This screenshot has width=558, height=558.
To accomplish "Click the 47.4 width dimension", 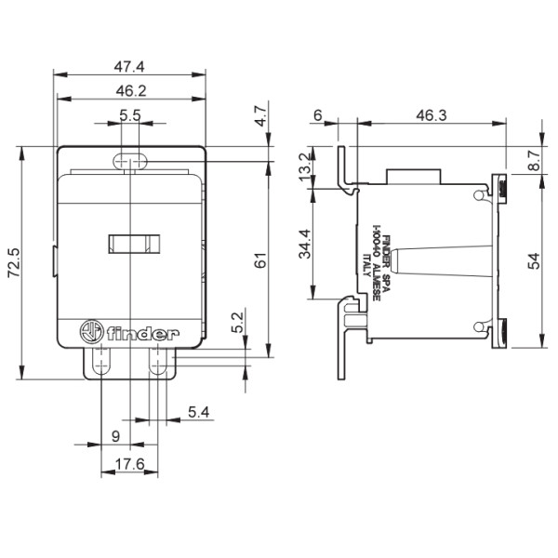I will (130, 66).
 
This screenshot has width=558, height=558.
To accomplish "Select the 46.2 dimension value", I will (130, 91).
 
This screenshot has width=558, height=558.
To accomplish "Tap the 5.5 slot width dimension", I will (130, 116).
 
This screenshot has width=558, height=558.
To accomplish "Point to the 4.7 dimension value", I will (261, 117).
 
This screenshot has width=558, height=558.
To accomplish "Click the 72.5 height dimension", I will (10, 263).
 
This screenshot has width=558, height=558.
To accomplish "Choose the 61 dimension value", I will (261, 263).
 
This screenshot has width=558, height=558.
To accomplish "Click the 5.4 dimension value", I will (197, 411).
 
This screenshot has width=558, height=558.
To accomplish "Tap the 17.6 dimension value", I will (130, 463).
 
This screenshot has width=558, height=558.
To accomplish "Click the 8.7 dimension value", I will (531, 159).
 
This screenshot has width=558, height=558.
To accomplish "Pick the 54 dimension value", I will (531, 263).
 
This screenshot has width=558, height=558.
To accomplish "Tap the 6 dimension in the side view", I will (318, 116).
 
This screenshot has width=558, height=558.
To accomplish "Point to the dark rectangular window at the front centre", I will (130, 245).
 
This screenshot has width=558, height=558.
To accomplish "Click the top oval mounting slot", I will (130, 161).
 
